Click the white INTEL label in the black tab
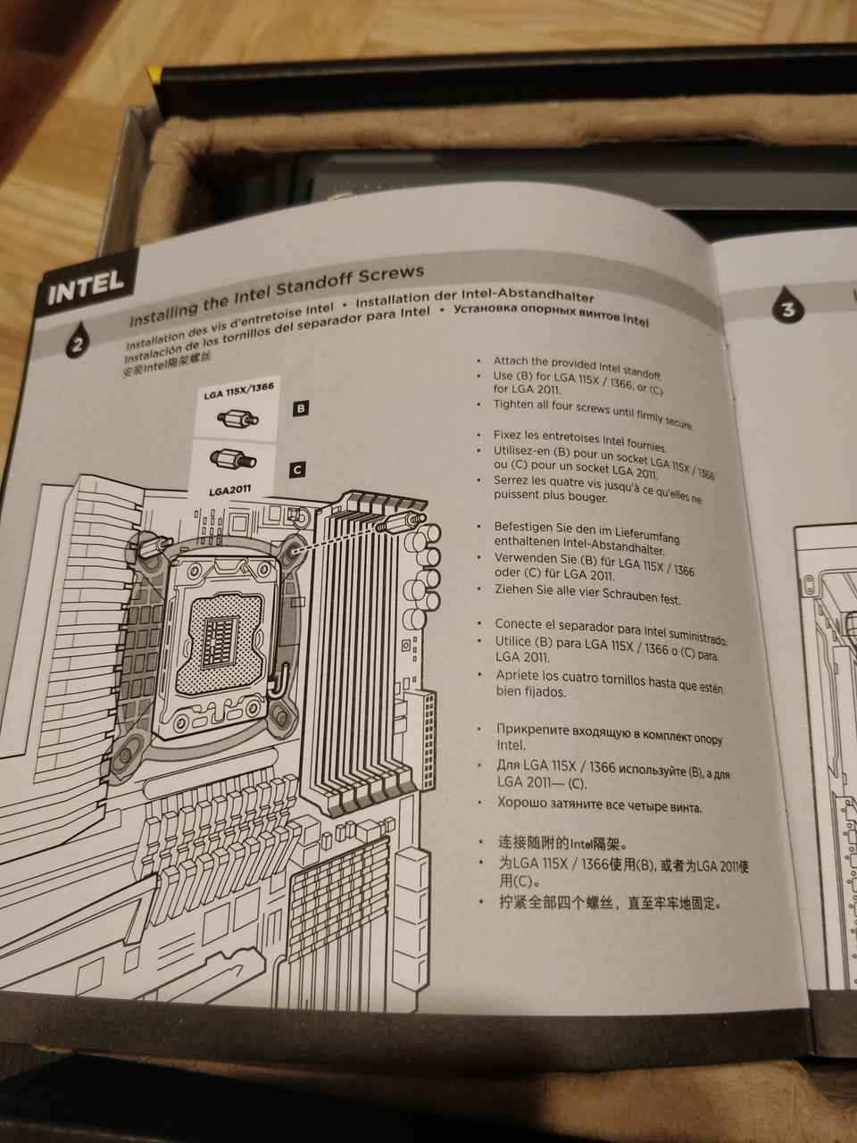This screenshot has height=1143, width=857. click(x=86, y=287)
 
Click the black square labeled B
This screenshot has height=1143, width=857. click(x=301, y=408)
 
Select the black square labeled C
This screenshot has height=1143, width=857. click(x=297, y=470)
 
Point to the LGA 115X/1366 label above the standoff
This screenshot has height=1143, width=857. click(x=239, y=391)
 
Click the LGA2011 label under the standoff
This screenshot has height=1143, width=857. click(x=230, y=490)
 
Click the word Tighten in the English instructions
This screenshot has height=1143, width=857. click(x=513, y=405)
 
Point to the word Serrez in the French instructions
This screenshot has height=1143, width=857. click(x=511, y=480)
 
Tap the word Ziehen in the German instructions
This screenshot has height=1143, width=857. click(x=512, y=589)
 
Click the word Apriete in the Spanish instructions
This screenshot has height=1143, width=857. click(x=516, y=676)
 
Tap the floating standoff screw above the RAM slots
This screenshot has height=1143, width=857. click(x=401, y=522)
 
